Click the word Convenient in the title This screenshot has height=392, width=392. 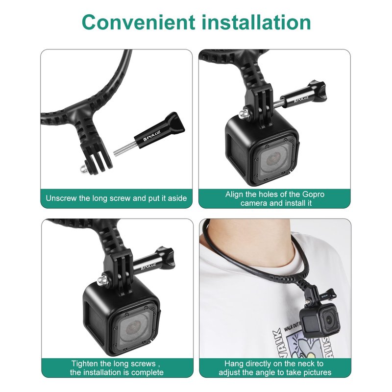(x=138, y=22)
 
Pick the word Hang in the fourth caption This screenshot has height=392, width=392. (x=234, y=363)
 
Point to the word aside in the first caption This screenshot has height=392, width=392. (x=177, y=198)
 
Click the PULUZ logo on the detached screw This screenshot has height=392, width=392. (x=152, y=136)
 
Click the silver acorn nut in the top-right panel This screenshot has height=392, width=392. (x=243, y=114)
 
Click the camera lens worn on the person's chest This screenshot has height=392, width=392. (x=330, y=319)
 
